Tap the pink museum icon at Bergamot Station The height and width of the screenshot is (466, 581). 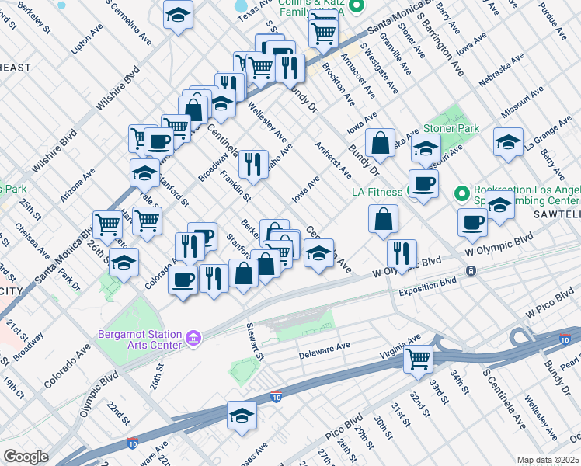click(193, 339)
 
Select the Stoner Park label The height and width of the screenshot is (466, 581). click(451, 128)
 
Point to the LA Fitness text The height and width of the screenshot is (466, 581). click(378, 191)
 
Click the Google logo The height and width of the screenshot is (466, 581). click(26, 457)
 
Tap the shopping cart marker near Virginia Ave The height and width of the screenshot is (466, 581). click(419, 358)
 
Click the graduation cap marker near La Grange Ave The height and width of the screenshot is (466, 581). click(508, 143)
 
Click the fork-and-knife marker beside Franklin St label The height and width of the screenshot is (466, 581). click(253, 164)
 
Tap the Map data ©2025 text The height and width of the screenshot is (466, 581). click(548, 460)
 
